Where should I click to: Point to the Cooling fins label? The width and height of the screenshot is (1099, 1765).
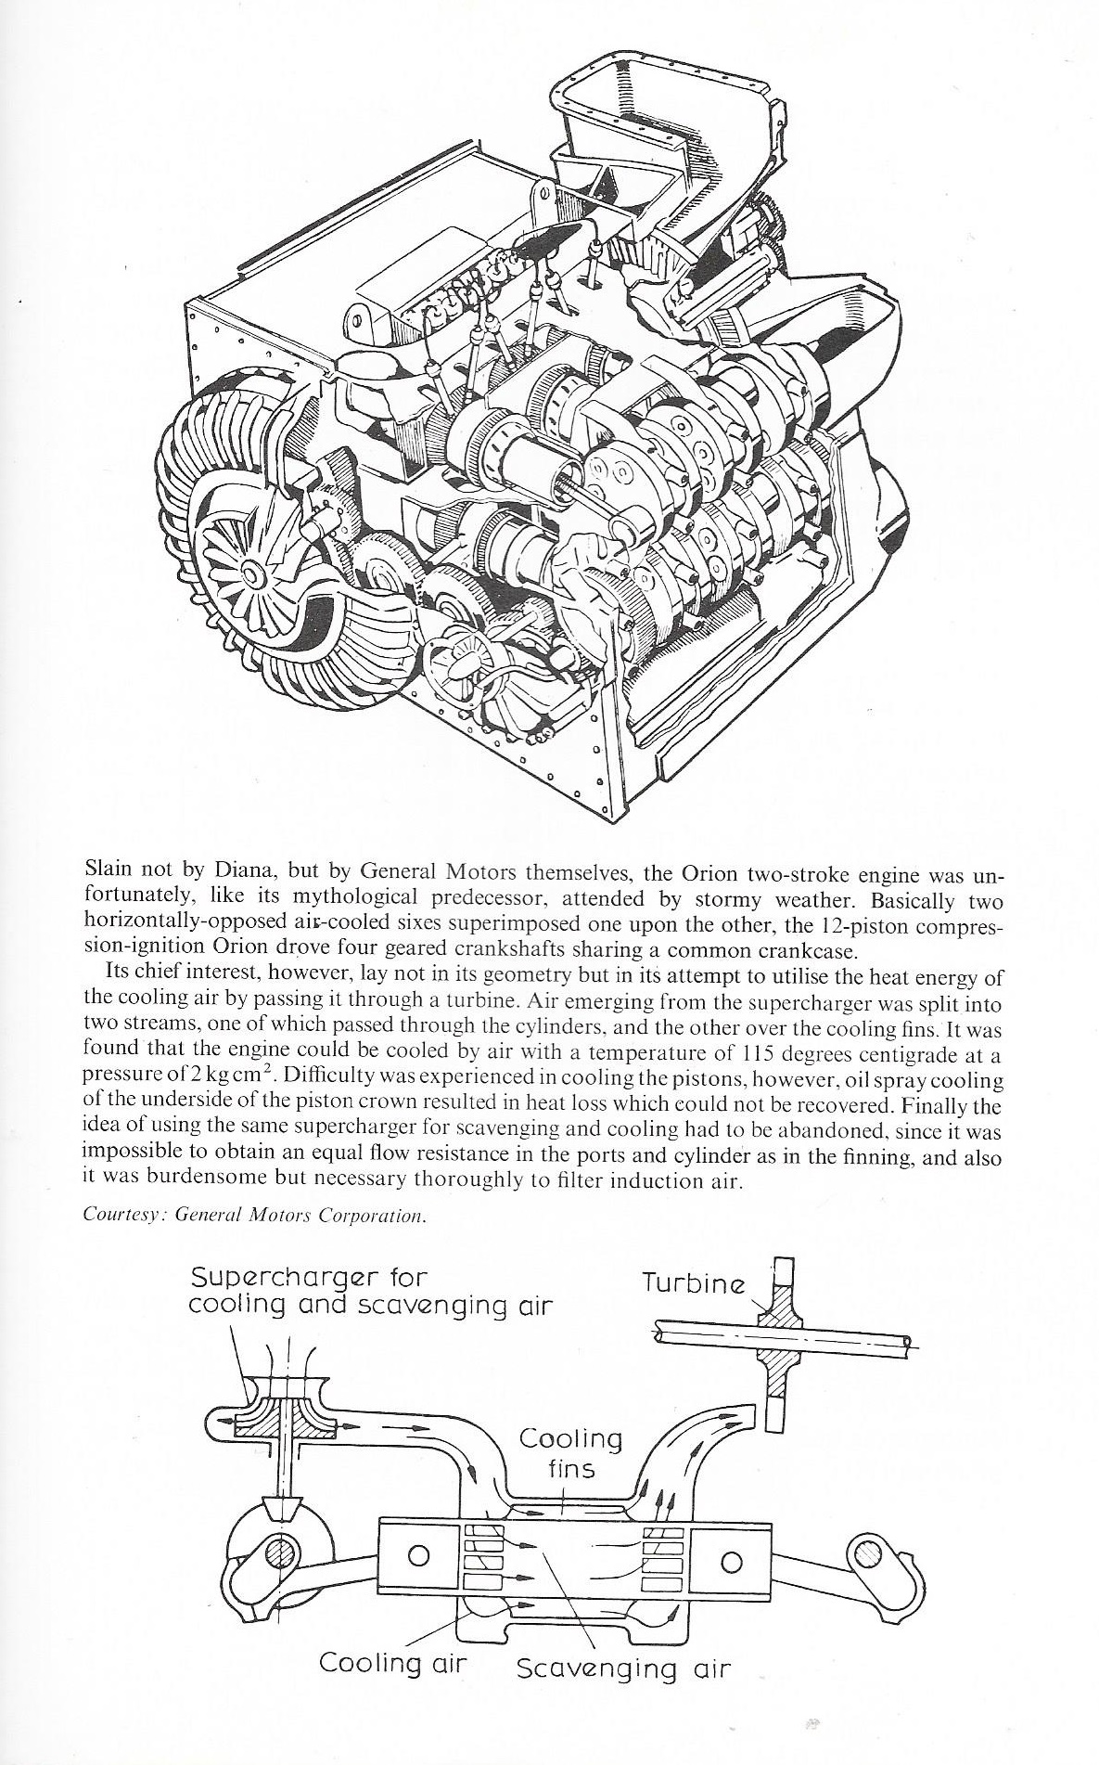point(570,1454)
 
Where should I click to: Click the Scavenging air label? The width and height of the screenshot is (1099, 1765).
point(623,1668)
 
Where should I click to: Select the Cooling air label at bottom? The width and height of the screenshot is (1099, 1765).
point(392,1662)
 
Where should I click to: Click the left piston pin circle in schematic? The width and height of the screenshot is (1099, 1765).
point(417,1555)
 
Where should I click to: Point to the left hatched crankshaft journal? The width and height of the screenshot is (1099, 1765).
point(281,1553)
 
